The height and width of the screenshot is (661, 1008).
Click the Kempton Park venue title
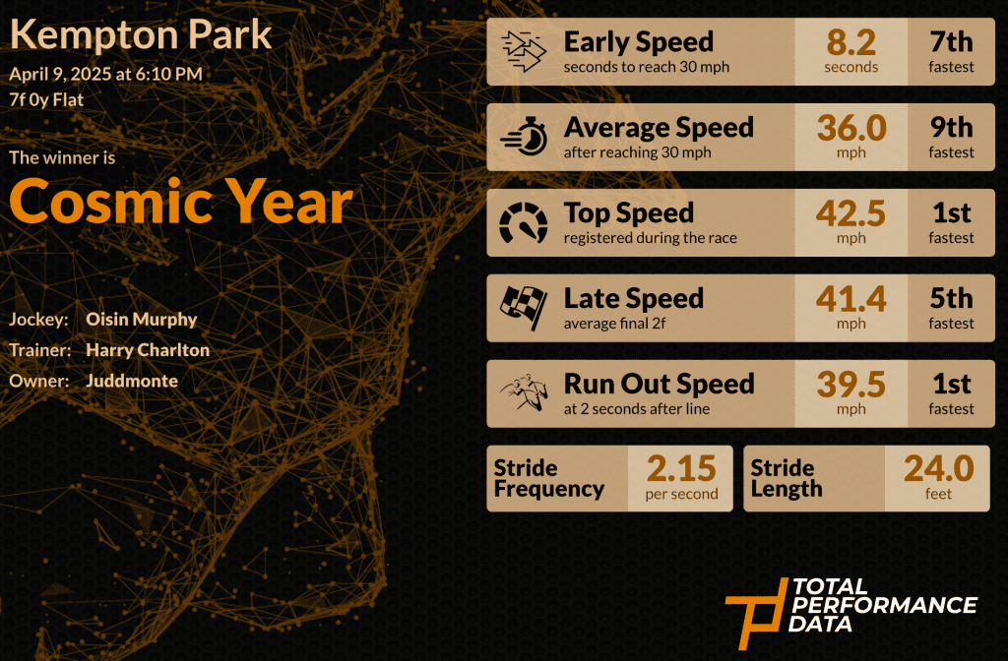pos(141,36)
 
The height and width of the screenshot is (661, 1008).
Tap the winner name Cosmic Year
pos(181,202)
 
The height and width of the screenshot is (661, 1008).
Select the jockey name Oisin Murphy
pos(142,320)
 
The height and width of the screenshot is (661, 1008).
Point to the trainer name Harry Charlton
pos(148,350)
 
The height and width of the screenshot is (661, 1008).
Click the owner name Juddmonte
pos(132,381)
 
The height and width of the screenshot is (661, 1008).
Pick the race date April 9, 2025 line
pos(105,75)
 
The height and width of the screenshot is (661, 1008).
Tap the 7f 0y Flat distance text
pos(46,100)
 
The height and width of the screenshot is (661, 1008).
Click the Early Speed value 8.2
pos(851,43)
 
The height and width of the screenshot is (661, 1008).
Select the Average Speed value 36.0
pos(851,128)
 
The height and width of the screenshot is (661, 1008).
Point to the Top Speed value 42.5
pos(851,213)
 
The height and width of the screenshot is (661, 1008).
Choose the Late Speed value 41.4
pos(851,299)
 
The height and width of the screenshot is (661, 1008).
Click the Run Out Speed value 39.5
pos(851,385)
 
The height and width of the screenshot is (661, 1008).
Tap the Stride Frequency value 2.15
pos(681,468)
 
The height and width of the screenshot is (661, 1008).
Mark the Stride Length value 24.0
pos(938,468)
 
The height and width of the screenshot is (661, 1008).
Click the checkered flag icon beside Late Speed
pos(524,308)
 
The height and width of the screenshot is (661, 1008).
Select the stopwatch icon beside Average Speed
pos(524,136)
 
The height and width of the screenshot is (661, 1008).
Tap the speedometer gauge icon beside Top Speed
pos(524,222)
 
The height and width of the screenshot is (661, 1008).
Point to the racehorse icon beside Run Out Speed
pos(524,391)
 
